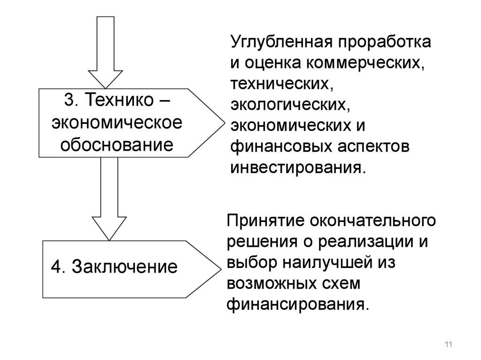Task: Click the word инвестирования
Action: pyautogui.click(x=297, y=168)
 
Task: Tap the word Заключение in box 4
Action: pyautogui.click(x=124, y=268)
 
